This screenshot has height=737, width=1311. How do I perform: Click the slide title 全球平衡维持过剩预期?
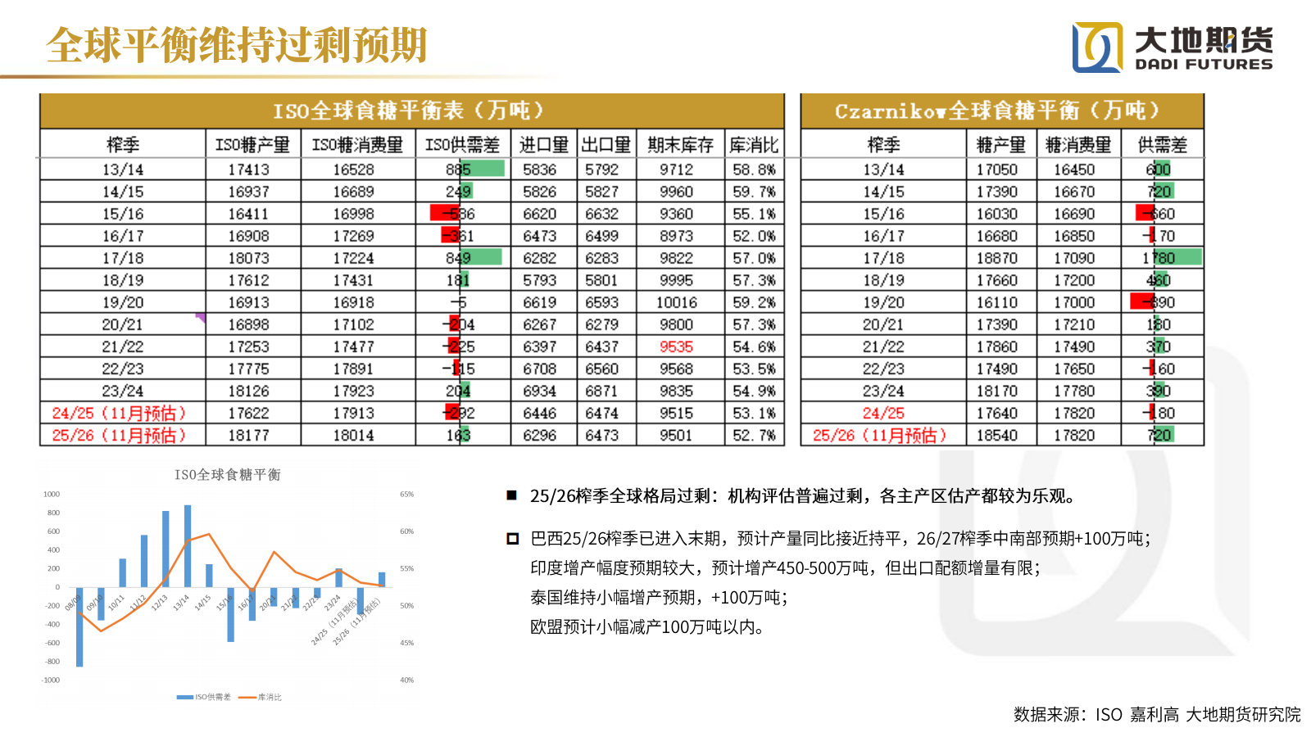[x=237, y=45]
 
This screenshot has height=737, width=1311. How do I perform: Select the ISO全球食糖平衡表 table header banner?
[x=411, y=111]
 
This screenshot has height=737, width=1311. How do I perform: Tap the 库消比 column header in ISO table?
[x=754, y=145]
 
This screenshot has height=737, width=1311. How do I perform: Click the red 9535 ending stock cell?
[x=676, y=347]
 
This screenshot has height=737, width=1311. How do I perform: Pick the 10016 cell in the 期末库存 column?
[x=676, y=303]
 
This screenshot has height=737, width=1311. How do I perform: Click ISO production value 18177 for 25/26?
[x=248, y=436]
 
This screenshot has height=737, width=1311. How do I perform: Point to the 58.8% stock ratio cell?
[x=754, y=170]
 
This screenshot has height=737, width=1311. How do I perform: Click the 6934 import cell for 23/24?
[x=539, y=391]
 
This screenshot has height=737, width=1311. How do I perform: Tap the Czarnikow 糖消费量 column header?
[x=1078, y=145]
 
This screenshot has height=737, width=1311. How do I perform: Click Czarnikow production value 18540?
[x=996, y=436]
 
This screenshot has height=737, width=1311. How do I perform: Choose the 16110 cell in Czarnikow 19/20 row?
[x=996, y=303]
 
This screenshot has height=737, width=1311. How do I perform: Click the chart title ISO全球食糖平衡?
[x=228, y=475]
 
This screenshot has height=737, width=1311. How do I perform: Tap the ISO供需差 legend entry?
[x=205, y=698]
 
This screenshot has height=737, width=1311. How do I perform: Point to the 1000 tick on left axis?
[x=52, y=495]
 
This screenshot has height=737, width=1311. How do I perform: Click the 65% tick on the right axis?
[x=406, y=495]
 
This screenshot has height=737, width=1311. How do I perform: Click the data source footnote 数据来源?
[x=1156, y=715]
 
